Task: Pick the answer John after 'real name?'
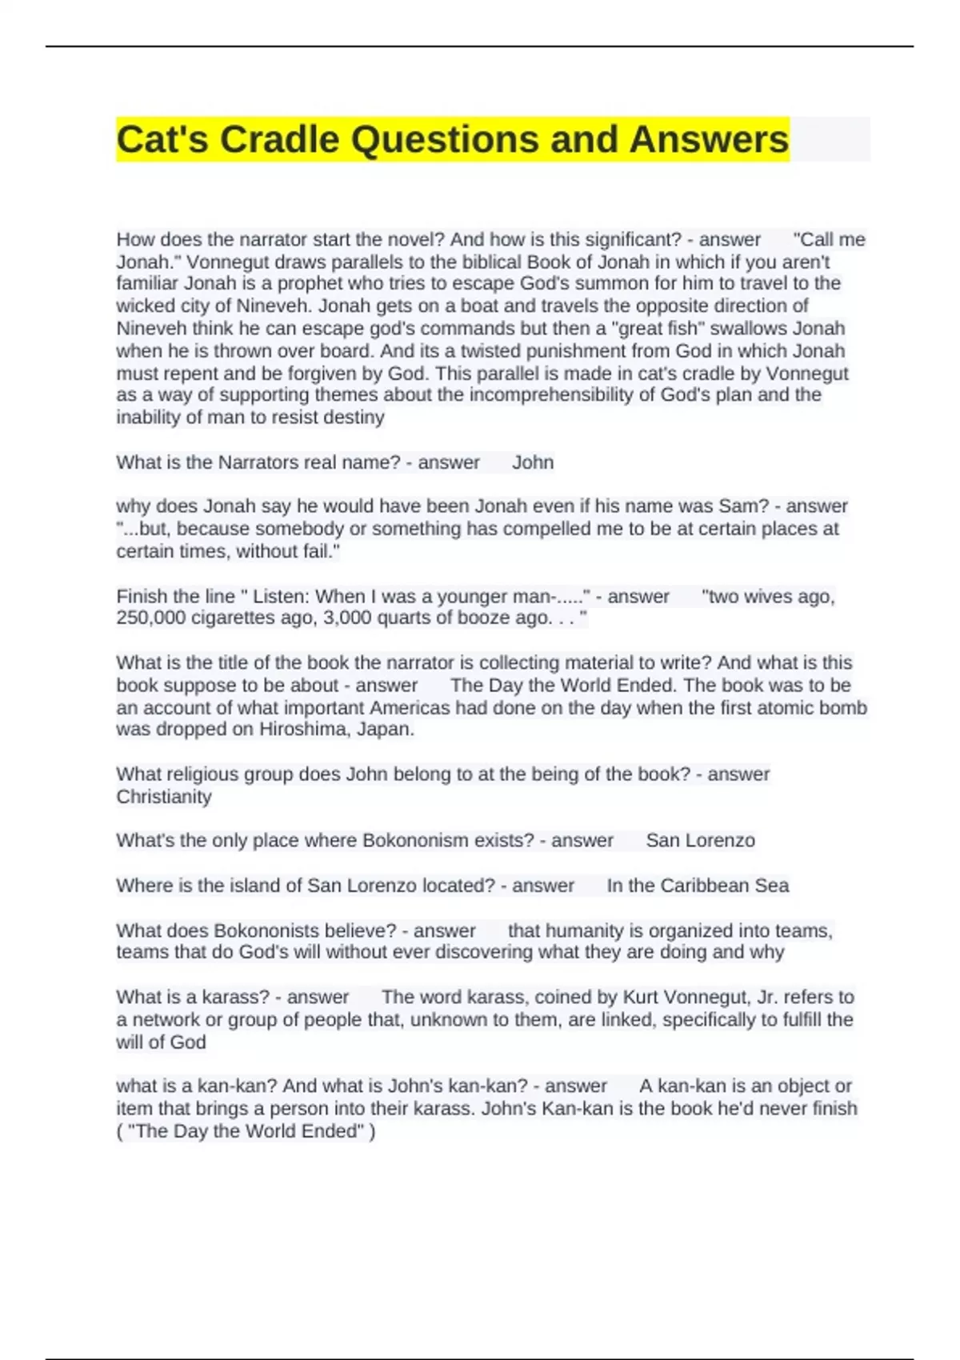[x=533, y=462]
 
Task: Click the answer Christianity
[x=164, y=797]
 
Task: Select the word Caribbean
[x=702, y=886]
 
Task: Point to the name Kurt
[x=643, y=998]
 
